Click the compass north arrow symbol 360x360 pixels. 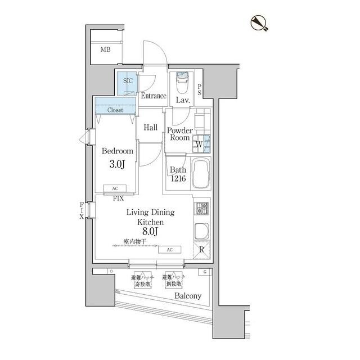coord(259,22)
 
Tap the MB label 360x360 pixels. coord(106,50)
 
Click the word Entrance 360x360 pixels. coord(153,96)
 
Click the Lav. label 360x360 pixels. coord(182,101)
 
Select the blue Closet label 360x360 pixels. coord(115,110)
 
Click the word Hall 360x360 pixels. coord(150,128)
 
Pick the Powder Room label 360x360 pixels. coord(180,134)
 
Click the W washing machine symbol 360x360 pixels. coord(199,145)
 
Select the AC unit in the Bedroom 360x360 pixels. coord(115,189)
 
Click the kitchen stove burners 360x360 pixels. coord(201,209)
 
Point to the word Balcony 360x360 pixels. coord(187,296)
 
